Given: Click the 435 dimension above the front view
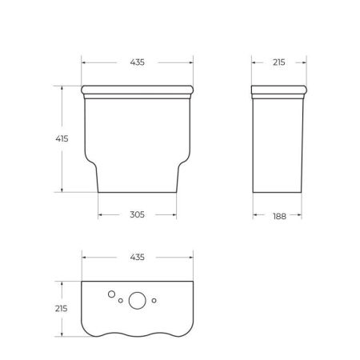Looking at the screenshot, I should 138,62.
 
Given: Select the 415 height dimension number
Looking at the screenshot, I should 62,138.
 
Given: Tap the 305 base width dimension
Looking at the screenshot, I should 138,214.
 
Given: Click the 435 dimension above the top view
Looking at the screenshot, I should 138,258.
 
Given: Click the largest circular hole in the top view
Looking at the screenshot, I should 138,302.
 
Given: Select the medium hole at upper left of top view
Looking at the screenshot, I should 110,294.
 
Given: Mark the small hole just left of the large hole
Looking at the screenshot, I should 121,302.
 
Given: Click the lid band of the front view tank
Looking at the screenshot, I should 138,88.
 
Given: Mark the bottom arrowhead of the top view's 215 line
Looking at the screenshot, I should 62,334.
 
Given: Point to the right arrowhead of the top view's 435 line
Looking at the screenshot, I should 191,258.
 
